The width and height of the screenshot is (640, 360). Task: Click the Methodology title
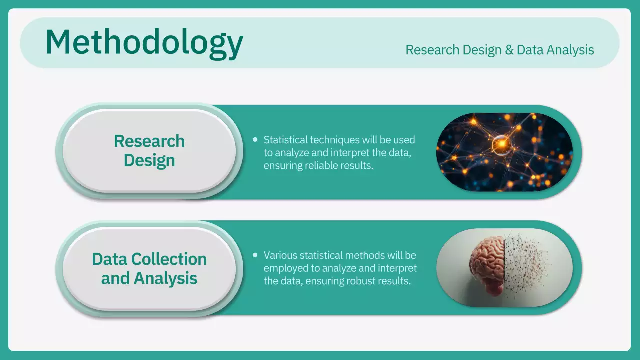coord(144,43)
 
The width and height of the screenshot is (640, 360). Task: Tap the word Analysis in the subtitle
coord(570,50)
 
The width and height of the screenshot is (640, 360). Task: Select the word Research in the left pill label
coord(149,141)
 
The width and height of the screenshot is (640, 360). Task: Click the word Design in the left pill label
coord(149,160)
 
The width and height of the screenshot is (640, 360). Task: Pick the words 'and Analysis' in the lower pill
coord(149,278)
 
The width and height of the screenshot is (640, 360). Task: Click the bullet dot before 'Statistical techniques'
coord(255,140)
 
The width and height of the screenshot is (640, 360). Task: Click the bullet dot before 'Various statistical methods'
coord(255,255)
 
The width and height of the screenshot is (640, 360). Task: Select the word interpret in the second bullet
coord(398,268)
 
